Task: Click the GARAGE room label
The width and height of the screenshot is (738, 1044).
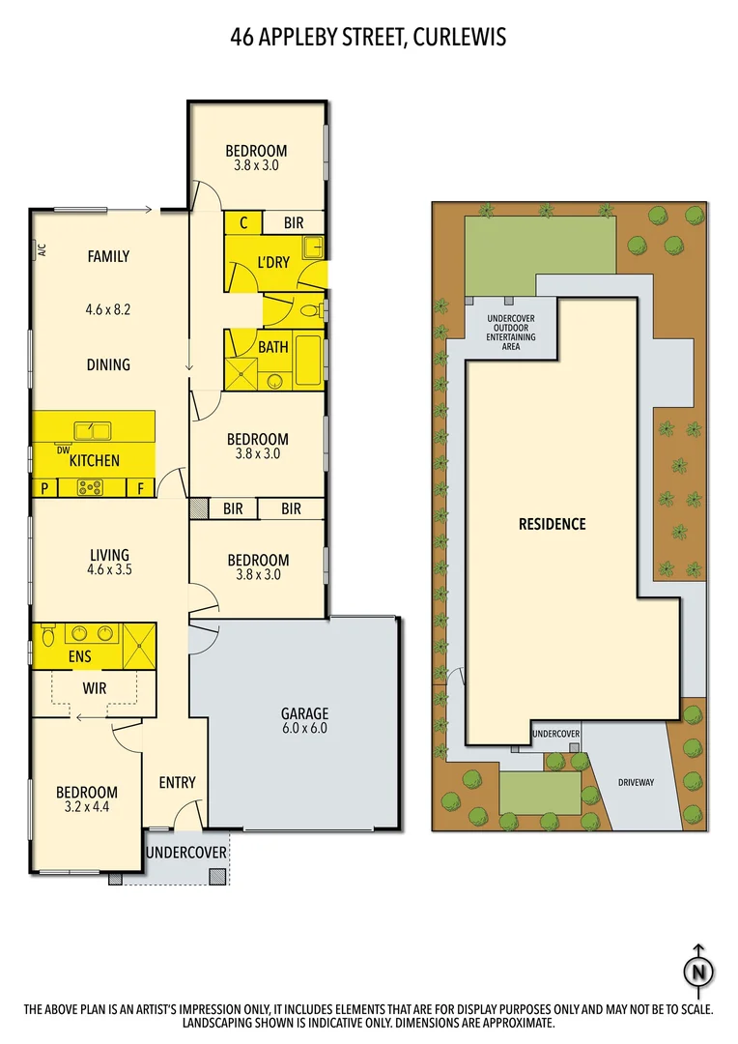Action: [x=304, y=714]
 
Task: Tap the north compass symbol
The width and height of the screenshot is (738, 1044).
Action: [x=698, y=971]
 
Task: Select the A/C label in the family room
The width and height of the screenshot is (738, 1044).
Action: [x=42, y=250]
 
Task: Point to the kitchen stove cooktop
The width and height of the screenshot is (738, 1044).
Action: [x=91, y=488]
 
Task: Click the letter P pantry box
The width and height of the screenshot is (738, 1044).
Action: [x=44, y=488]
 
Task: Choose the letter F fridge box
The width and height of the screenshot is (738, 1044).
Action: [x=140, y=488]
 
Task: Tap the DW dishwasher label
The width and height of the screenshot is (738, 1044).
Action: [x=63, y=449]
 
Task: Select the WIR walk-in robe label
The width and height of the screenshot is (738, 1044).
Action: [x=94, y=688]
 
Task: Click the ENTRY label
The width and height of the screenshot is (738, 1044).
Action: [x=177, y=782]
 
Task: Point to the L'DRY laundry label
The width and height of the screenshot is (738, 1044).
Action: [x=272, y=264]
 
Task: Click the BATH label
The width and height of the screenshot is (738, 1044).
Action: [x=272, y=346]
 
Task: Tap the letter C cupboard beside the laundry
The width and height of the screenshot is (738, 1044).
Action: [x=243, y=223]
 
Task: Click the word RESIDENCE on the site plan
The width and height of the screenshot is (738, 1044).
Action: [x=552, y=524]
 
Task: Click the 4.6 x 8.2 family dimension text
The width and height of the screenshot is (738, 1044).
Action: [x=108, y=311]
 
